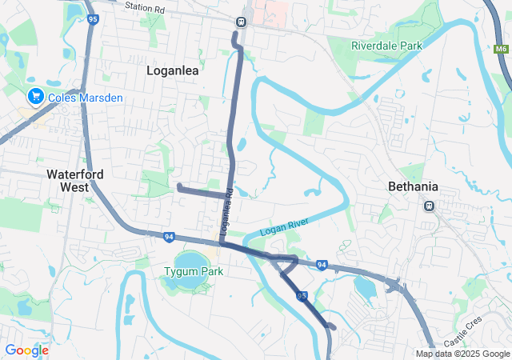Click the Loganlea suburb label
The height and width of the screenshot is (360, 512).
172,70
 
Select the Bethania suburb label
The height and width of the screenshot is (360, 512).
413,186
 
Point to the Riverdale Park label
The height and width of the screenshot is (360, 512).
386,46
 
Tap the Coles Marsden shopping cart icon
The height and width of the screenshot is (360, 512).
35,97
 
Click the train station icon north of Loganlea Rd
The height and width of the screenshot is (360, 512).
241,22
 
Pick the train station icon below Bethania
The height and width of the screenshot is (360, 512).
429,206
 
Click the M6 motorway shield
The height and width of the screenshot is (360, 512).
501,50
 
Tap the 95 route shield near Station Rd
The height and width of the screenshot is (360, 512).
94,18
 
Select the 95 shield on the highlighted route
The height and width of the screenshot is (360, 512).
302,296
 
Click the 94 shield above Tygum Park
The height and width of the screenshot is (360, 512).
169,237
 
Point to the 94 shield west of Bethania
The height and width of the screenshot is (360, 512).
321,265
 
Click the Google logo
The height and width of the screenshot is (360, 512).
26,350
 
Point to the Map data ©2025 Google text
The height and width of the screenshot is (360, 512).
462,354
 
